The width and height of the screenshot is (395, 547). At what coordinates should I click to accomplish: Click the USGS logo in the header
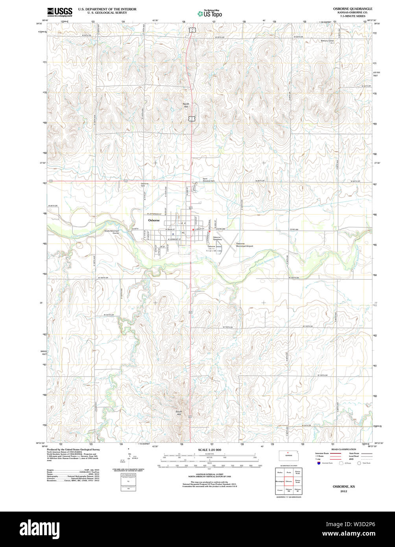click(x=59, y=12)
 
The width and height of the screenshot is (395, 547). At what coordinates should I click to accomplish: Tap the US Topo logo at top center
click(x=210, y=13)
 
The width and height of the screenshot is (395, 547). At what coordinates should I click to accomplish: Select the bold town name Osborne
click(x=154, y=220)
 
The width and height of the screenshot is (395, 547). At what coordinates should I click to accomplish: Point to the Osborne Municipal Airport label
click(x=244, y=245)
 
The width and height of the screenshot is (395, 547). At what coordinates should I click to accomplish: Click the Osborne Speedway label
click(x=218, y=238)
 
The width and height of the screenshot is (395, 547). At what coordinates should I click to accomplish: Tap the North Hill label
click(x=186, y=105)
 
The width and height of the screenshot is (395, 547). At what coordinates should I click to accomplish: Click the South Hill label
click(x=179, y=413)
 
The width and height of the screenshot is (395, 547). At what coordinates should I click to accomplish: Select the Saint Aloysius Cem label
click(x=209, y=180)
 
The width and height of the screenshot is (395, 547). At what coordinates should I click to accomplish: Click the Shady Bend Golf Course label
click(x=111, y=232)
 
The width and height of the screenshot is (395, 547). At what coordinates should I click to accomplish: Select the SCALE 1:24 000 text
click(x=209, y=450)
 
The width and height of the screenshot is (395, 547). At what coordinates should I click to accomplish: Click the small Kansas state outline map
click(x=288, y=455)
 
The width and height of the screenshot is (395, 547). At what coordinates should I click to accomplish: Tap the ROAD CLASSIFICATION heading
click(x=343, y=449)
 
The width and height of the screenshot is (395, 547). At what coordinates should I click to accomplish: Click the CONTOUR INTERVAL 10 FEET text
click(x=209, y=475)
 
